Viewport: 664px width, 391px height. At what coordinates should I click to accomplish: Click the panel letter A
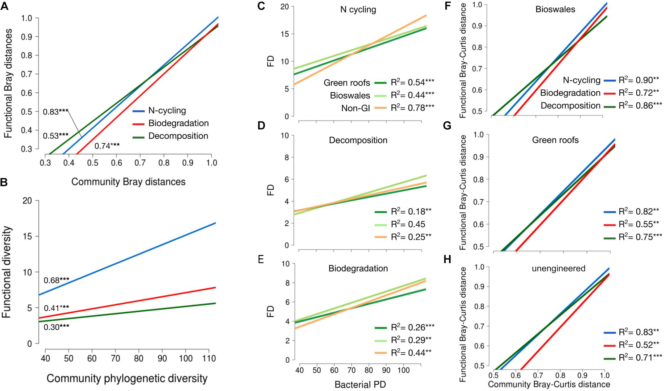pyautogui.click(x=5, y=6)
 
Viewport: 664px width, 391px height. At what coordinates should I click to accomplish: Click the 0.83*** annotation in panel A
pyautogui.click(x=56, y=112)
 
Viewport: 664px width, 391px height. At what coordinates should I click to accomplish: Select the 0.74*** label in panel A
pyautogui.click(x=107, y=146)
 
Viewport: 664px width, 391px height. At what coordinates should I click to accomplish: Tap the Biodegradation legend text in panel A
pyautogui.click(x=178, y=123)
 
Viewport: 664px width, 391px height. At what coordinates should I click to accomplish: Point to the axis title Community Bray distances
pyautogui.click(x=128, y=182)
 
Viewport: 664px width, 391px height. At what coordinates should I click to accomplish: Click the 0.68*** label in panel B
pyautogui.click(x=56, y=280)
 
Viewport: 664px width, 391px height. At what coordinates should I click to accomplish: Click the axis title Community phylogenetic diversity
pyautogui.click(x=127, y=378)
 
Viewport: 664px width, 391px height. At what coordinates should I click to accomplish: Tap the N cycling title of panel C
pyautogui.click(x=358, y=10)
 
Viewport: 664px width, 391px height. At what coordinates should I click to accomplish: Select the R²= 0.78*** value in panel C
pyautogui.click(x=412, y=108)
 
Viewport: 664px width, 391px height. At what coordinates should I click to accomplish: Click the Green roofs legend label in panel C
pyautogui.click(x=347, y=83)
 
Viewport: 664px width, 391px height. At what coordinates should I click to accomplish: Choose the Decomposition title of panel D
pyautogui.click(x=358, y=140)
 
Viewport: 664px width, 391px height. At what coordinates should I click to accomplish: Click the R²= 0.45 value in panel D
pyautogui.click(x=408, y=224)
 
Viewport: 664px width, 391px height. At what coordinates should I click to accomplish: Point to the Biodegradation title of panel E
pyautogui.click(x=358, y=268)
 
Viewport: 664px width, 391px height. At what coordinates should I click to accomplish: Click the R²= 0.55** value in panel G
pyautogui.click(x=639, y=224)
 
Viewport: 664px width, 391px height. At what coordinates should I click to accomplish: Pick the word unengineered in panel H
pyautogui.click(x=558, y=268)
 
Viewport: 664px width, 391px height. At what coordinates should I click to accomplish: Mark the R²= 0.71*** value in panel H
pyautogui.click(x=640, y=358)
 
